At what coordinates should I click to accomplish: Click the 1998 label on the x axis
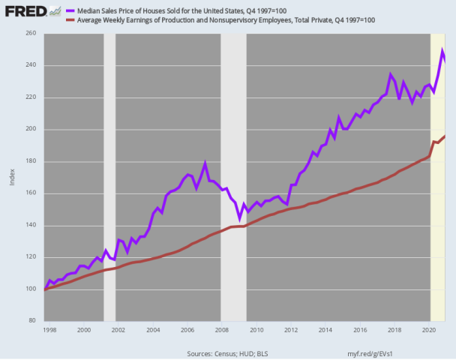(x=50, y=329)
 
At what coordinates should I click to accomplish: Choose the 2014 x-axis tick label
(x=324, y=329)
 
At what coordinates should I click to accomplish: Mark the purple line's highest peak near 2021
(x=442, y=51)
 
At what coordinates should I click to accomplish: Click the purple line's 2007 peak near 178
(x=205, y=163)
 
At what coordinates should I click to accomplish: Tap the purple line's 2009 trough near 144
(x=239, y=218)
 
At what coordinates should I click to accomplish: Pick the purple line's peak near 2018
(x=391, y=74)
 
